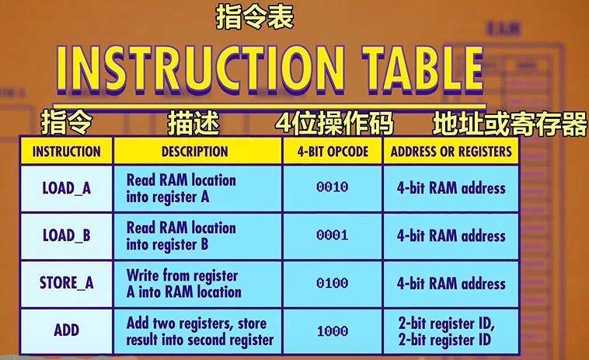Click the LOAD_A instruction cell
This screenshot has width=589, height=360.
pyautogui.click(x=67, y=188)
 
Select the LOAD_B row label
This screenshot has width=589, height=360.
pyautogui.click(x=67, y=236)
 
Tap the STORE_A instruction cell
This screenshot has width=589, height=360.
pyautogui.click(x=67, y=283)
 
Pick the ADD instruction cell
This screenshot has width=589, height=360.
pyautogui.click(x=67, y=330)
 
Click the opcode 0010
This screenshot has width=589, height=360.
pyautogui.click(x=333, y=187)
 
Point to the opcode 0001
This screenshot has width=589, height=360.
pyautogui.click(x=333, y=236)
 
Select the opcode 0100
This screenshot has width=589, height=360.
pyautogui.click(x=333, y=283)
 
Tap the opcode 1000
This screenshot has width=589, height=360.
pyautogui.click(x=333, y=331)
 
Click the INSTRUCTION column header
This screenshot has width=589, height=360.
pyautogui.click(x=67, y=152)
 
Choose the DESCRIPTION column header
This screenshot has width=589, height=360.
pyautogui.click(x=194, y=152)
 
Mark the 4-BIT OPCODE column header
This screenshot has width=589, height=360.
pyautogui.click(x=333, y=152)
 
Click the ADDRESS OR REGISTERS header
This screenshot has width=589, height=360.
pyautogui.click(x=451, y=152)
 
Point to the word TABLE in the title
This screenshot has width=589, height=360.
pyautogui.click(x=423, y=71)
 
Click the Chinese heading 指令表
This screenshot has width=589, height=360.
pyautogui.click(x=255, y=18)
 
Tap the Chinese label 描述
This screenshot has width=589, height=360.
pyautogui.click(x=193, y=123)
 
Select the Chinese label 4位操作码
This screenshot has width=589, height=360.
pyautogui.click(x=334, y=123)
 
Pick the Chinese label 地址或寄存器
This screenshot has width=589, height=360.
pyautogui.click(x=510, y=124)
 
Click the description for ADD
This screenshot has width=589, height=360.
pyautogui.click(x=200, y=331)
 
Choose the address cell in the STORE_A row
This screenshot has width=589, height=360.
pyautogui.click(x=451, y=283)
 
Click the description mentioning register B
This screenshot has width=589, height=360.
pyautogui.click(x=181, y=236)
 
